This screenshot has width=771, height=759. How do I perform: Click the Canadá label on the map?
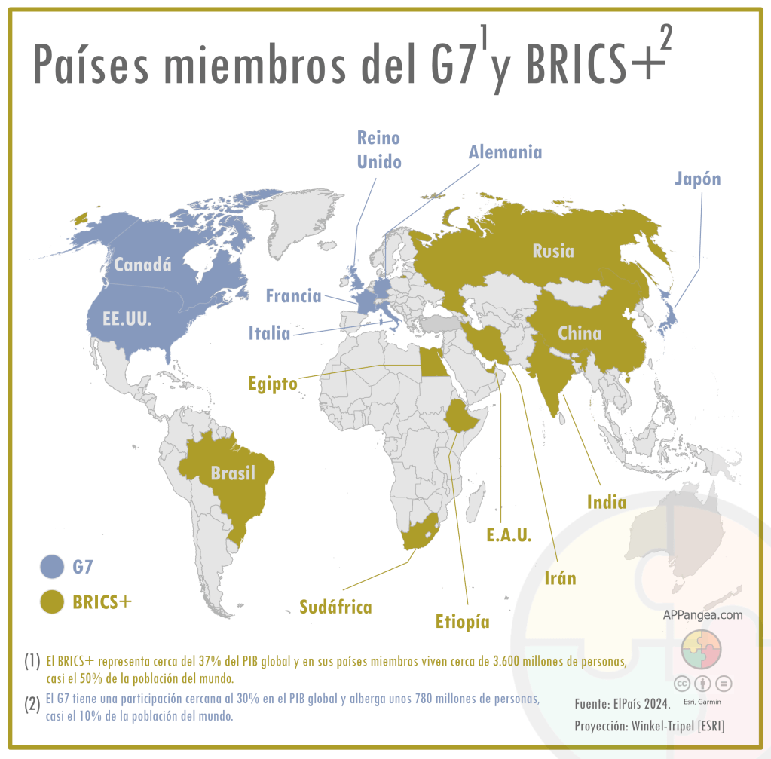142,265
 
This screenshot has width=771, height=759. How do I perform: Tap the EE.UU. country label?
127,318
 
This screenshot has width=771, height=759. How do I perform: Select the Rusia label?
552,251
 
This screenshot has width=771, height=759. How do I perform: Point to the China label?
579,333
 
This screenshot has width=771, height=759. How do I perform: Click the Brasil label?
233,473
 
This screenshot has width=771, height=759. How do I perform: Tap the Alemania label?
505,151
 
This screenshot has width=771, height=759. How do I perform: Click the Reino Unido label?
378,150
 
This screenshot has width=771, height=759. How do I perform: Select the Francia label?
293,296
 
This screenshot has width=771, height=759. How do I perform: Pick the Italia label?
269,332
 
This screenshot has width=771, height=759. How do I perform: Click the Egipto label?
273,384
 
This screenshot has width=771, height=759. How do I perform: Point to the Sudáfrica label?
335,607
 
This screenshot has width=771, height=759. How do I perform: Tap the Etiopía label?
463,622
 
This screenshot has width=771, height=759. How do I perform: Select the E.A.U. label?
509,535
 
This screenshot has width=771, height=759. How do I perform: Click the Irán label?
560,578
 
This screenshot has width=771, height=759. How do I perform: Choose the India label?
607,501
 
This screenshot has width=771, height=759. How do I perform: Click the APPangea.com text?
702,615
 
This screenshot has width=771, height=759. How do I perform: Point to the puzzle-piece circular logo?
702,649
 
